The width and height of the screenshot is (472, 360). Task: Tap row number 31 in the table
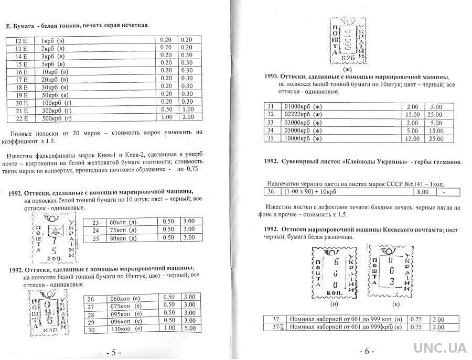(x=271, y=106)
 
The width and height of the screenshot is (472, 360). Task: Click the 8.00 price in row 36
(x=421, y=193)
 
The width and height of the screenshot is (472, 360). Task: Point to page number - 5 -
(x=113, y=352)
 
